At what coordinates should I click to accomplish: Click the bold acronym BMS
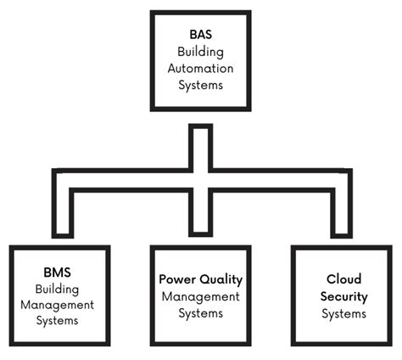tap(58, 273)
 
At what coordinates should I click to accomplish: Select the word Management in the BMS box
tap(58, 305)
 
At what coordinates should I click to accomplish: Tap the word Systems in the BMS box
tap(58, 321)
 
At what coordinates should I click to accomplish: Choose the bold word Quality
tap(221, 279)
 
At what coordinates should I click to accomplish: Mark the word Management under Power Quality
tap(200, 296)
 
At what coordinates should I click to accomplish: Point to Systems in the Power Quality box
tap(200, 313)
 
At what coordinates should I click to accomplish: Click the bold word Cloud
tap(343, 279)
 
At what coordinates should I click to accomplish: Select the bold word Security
tap(343, 296)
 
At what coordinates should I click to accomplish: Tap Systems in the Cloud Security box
tap(343, 313)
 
